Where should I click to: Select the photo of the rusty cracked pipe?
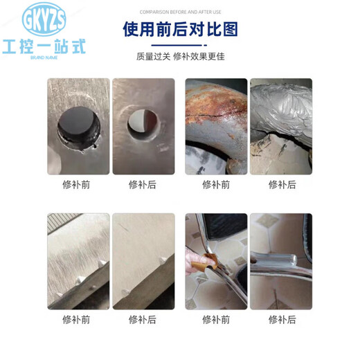click(x=215, y=126)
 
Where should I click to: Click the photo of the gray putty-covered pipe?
click(x=281, y=126)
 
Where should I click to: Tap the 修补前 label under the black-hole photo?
click(x=76, y=185)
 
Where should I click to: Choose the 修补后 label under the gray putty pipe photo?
click(x=282, y=185)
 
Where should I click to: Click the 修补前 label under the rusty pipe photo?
click(x=215, y=185)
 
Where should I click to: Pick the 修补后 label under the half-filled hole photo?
click(x=143, y=185)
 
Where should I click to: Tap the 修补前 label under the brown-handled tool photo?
click(x=215, y=320)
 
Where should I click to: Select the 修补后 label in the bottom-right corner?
click(x=282, y=320)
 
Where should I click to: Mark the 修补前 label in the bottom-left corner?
click(x=76, y=320)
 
